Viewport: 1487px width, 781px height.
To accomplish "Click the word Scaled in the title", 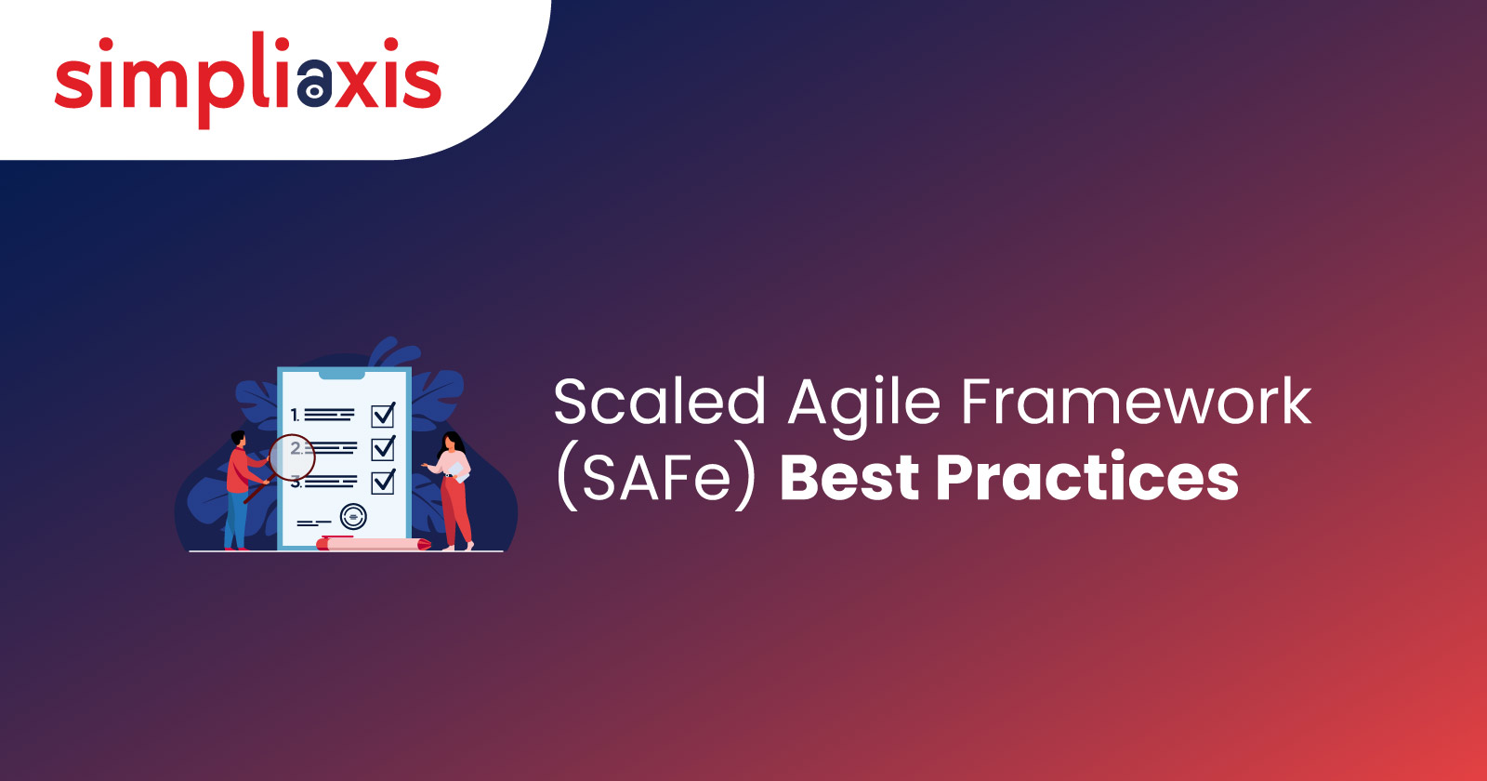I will click(x=660, y=403).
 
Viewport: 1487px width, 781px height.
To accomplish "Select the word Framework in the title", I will click(x=1136, y=403).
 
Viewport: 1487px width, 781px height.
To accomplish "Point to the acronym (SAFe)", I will click(x=656, y=478).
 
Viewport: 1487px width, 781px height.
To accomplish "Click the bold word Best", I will click(x=849, y=478).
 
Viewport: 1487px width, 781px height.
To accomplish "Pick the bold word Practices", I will click(x=1087, y=478).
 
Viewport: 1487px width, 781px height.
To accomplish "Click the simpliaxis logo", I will click(x=247, y=79).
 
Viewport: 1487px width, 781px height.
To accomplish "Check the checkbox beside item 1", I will click(x=383, y=415).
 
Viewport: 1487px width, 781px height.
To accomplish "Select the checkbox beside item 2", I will click(x=383, y=448).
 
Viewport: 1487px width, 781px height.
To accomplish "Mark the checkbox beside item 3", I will click(x=383, y=482).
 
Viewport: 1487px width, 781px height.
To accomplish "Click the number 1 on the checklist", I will click(x=295, y=415).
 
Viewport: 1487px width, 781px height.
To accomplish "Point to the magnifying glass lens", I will click(x=292, y=457).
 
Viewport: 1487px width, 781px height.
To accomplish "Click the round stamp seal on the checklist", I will click(x=353, y=516).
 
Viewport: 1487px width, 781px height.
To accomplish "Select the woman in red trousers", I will click(x=454, y=493).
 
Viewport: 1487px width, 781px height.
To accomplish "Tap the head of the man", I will click(x=238, y=438).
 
